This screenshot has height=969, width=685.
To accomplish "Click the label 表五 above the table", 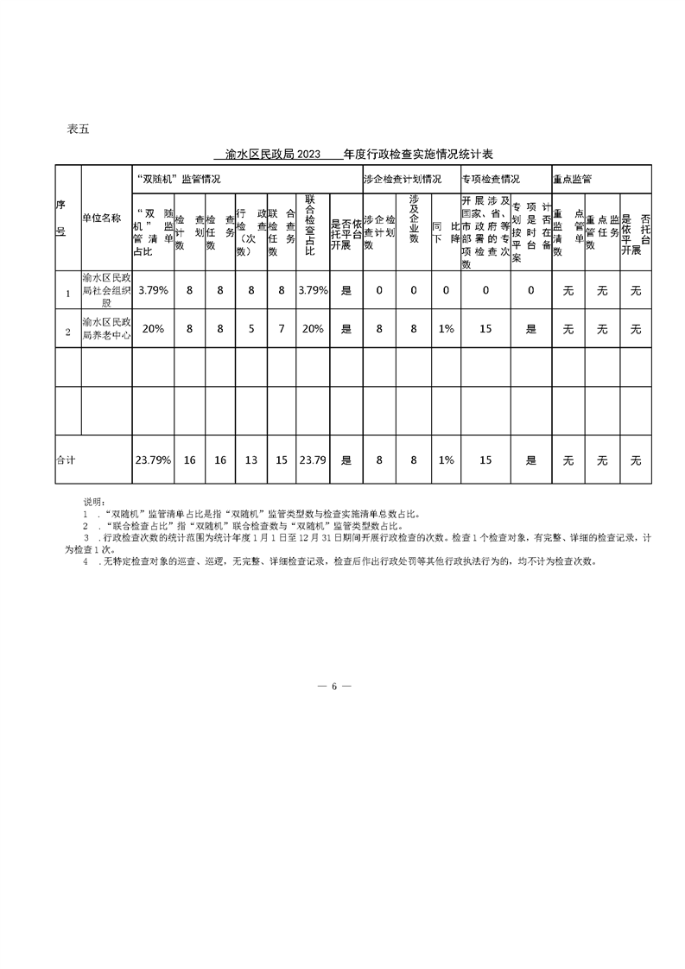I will pyautogui.click(x=78, y=130).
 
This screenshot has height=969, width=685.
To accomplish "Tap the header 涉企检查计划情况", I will pyautogui.click(x=403, y=180).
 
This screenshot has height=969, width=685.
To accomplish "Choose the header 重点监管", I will pyautogui.click(x=572, y=180).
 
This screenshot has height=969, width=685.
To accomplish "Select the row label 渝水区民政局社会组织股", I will pyautogui.click(x=106, y=290).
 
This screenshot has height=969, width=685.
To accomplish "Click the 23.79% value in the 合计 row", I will pyautogui.click(x=153, y=460).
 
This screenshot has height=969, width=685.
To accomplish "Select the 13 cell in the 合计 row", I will pyautogui.click(x=251, y=460).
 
